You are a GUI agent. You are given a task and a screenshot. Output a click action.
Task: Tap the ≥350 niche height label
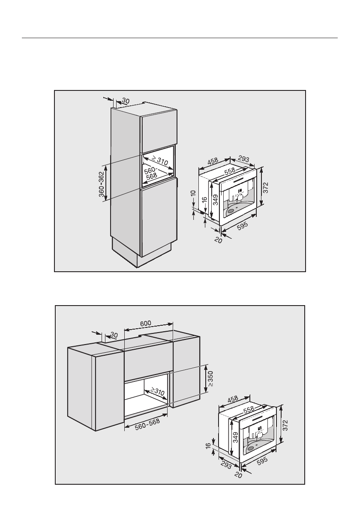click(210, 378)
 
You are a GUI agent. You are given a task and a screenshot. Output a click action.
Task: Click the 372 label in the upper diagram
click(265, 187)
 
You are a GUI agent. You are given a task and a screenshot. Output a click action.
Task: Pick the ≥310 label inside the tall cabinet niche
click(159, 161)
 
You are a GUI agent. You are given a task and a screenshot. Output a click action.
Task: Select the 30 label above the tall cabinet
click(125, 101)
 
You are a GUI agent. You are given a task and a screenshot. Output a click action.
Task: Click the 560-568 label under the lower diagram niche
click(144, 424)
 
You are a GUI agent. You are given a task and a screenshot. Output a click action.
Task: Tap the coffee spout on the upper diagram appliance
click(240, 198)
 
